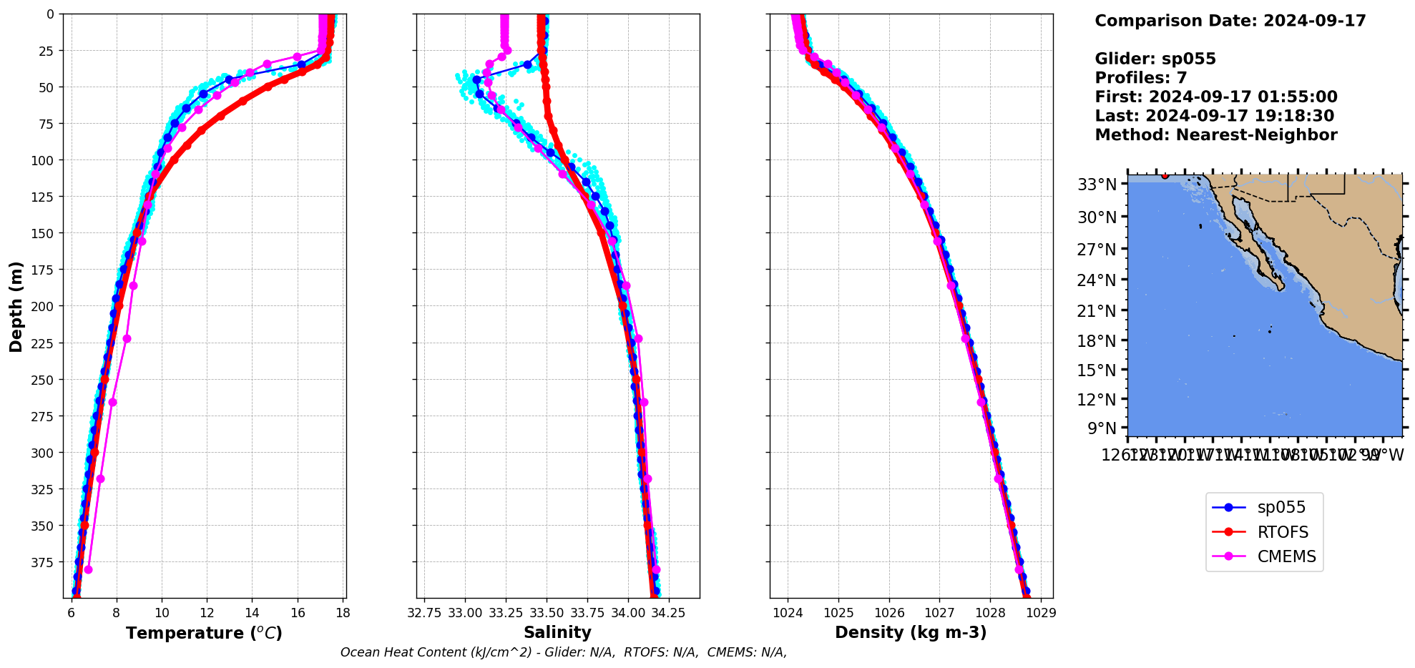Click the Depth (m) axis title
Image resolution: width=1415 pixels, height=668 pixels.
pos(16,306)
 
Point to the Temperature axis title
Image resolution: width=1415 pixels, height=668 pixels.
pos(204,633)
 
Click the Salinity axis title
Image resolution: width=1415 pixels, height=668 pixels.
pos(557,632)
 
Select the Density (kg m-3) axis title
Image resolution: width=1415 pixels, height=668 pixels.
pos(911,632)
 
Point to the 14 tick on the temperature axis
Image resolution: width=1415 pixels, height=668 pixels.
pos(253,613)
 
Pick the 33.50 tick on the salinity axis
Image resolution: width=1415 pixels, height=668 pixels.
pos(547,613)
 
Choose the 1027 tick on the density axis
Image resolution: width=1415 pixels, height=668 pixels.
pos(939,613)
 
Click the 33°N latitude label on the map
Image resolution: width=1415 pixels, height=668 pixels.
pos(1097,185)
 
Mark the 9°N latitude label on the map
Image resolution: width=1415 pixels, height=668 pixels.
pos(1102,428)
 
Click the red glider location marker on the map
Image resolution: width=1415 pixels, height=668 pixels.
pos(1165,175)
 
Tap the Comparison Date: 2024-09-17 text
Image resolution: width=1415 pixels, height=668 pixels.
pos(1230,21)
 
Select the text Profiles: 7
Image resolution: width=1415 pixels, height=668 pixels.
pos(1140,78)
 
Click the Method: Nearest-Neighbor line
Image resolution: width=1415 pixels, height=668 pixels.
pos(1215,135)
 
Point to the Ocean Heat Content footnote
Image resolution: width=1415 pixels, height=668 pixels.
pos(564,652)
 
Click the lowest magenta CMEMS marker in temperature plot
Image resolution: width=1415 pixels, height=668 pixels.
pos(88,570)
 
